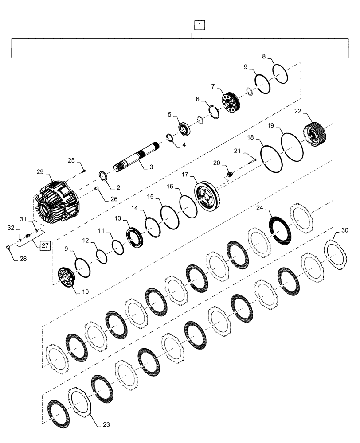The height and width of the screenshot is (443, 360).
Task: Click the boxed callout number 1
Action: click(199, 26)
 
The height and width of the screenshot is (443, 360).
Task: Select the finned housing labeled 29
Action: click(56, 198)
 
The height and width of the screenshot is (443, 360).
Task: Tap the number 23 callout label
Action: click(106, 424)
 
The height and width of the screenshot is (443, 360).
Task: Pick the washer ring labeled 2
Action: click(104, 177)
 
